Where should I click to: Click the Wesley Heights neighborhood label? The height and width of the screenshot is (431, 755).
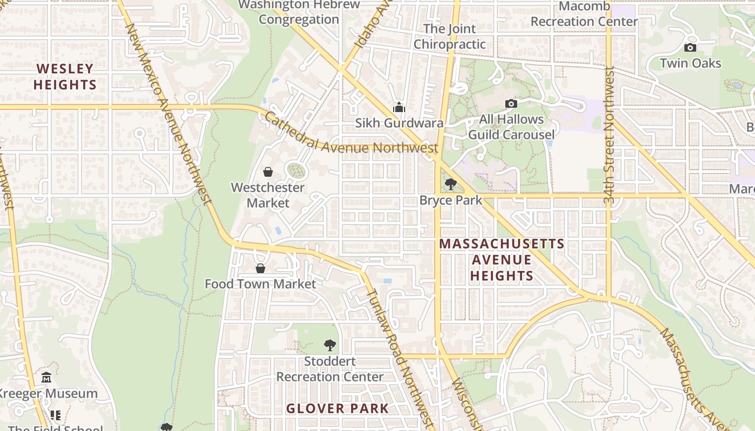pos(65,77)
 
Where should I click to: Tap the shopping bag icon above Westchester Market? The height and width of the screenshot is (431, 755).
pos(268,172)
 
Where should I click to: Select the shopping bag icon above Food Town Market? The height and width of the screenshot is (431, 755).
pos(260,268)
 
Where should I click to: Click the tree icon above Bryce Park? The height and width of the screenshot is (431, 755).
pos(450,185)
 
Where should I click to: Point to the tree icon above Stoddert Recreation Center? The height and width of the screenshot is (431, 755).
pos(330,345)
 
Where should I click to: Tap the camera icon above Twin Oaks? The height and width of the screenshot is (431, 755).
pos(690,47)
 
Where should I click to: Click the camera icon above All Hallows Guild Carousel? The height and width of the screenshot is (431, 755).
pos(511,103)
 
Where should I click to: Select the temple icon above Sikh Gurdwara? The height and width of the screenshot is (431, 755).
pos(399,107)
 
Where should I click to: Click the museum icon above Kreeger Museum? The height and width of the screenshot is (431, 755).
pos(46,377)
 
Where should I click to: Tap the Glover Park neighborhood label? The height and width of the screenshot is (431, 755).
pos(337,408)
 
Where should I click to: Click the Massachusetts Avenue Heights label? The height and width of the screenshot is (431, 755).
pos(502,260)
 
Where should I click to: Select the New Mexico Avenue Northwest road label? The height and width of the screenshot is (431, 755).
pos(168,113)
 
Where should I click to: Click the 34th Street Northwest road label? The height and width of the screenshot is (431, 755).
pos(609,135)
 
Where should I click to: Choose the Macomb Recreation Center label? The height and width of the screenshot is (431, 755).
pos(584,14)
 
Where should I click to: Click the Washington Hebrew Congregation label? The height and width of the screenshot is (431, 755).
pos(299,12)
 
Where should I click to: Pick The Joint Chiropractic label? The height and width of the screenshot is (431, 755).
pos(449,37)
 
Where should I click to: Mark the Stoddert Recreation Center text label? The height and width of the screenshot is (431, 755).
pos(330,369)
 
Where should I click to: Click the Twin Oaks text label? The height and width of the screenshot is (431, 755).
pos(690,63)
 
